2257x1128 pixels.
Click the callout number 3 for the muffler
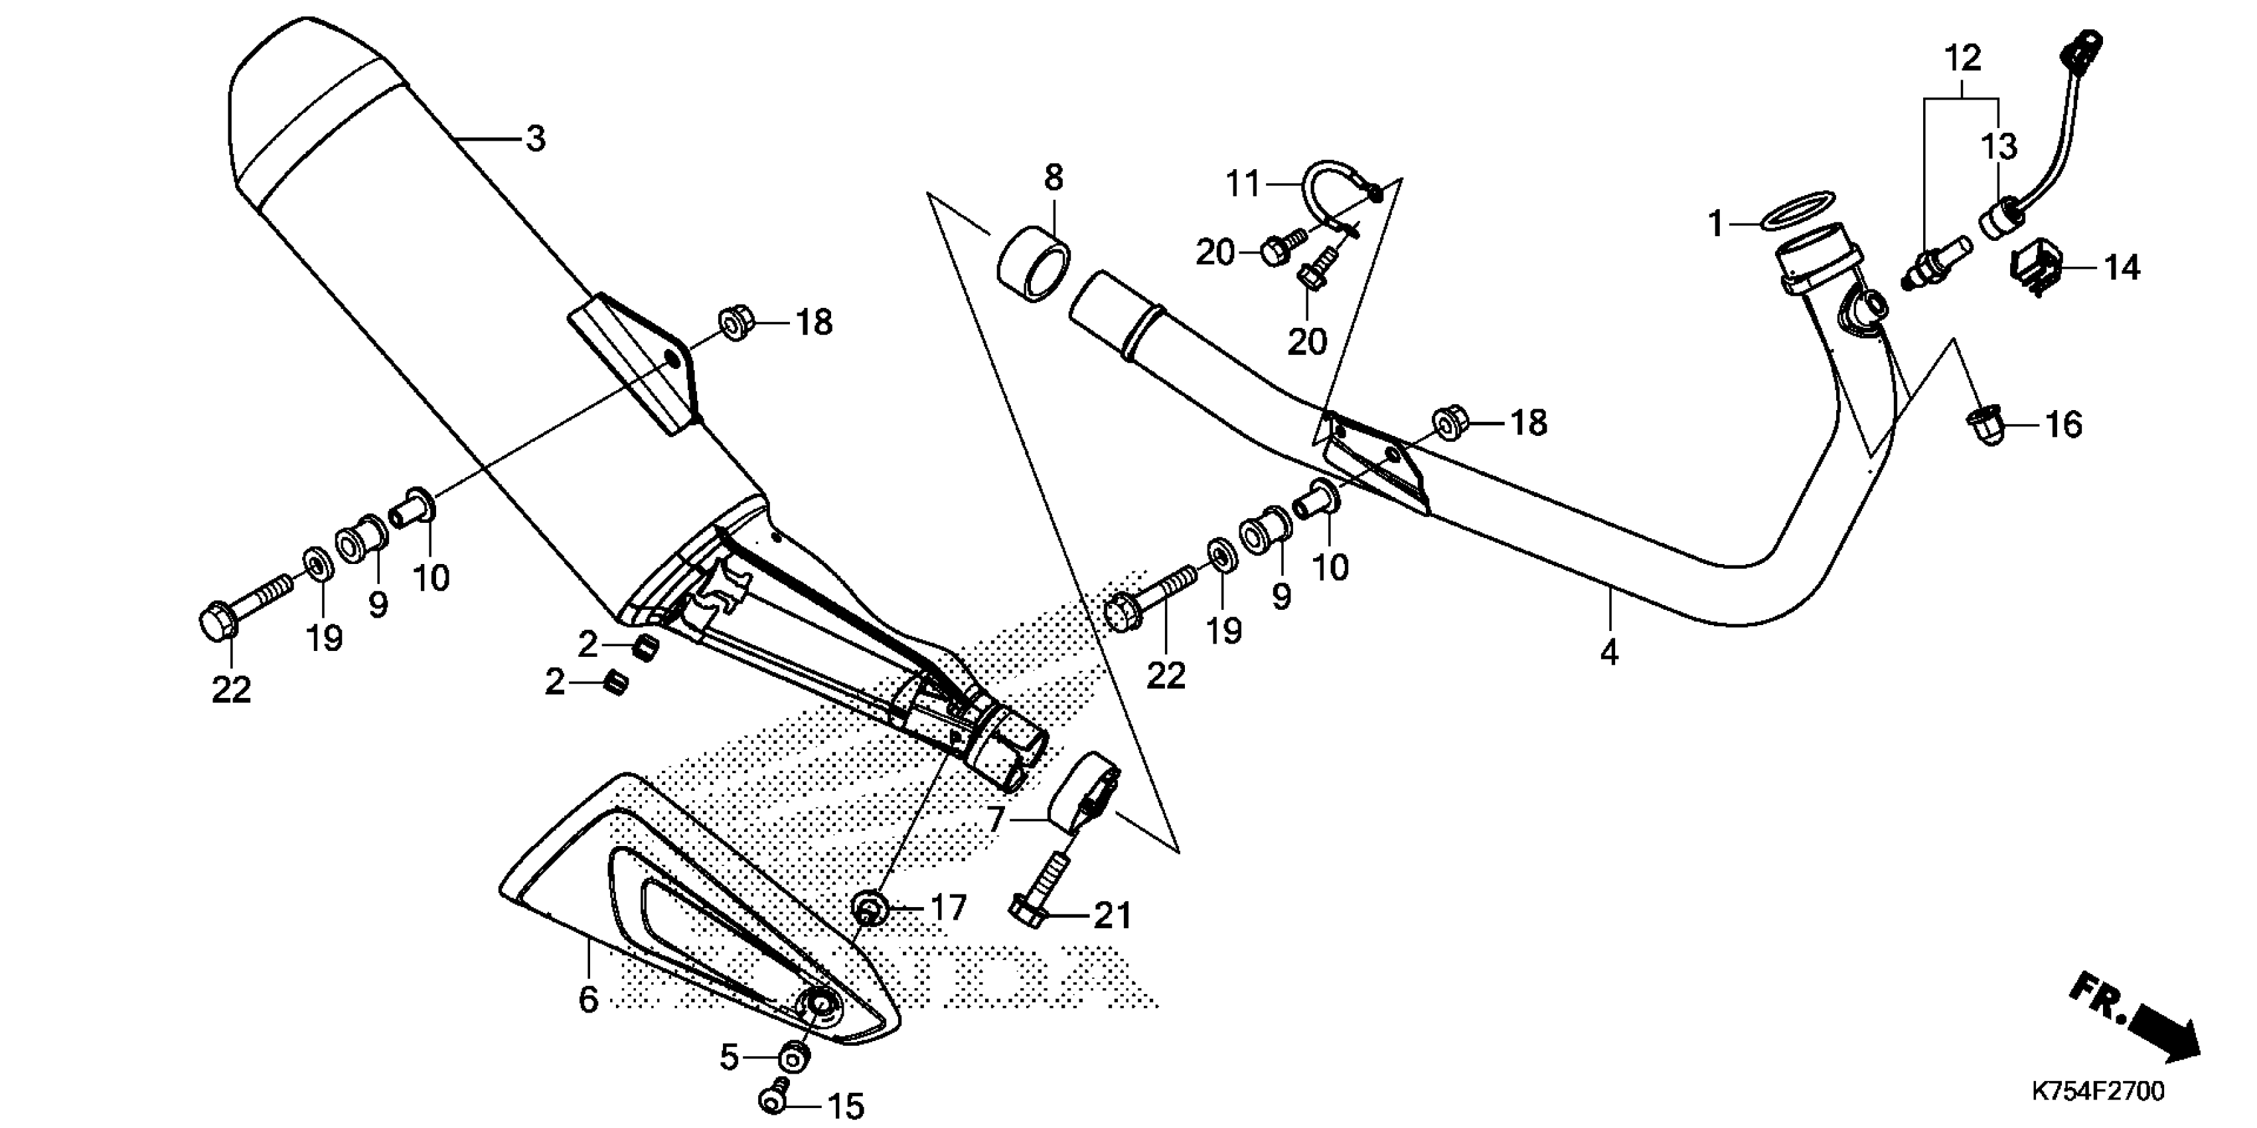click(x=535, y=139)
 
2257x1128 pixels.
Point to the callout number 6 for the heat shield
click(x=588, y=999)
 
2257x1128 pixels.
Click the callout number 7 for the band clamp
click(x=994, y=819)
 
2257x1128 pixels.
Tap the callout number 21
click(x=1113, y=916)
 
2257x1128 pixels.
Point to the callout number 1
click(x=1715, y=224)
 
